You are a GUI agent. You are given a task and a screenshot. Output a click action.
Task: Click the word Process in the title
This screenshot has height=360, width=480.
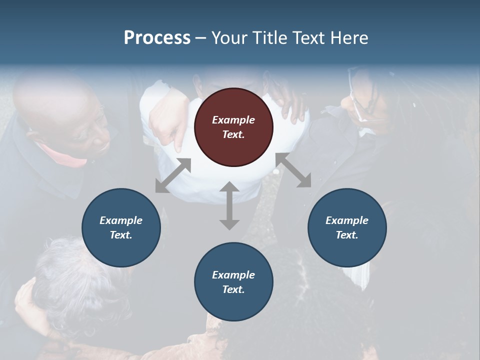[x=157, y=38]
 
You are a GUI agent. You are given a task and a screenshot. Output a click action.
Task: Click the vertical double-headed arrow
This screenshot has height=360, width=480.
[x=229, y=205]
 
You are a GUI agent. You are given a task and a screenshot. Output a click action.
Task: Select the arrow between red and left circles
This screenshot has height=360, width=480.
[x=173, y=175]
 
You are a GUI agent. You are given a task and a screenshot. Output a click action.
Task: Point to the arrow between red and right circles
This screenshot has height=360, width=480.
[x=293, y=170]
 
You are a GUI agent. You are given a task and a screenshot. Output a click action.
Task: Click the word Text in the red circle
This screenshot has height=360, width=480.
[x=233, y=134]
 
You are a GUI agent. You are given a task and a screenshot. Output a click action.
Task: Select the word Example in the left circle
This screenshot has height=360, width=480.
[x=121, y=220]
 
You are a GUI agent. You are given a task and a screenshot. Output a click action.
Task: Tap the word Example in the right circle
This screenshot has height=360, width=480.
[x=347, y=220]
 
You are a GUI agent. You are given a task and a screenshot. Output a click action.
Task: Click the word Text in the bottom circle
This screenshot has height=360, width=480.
[x=233, y=289]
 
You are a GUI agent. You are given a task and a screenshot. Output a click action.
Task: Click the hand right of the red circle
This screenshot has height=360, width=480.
[x=292, y=105]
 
